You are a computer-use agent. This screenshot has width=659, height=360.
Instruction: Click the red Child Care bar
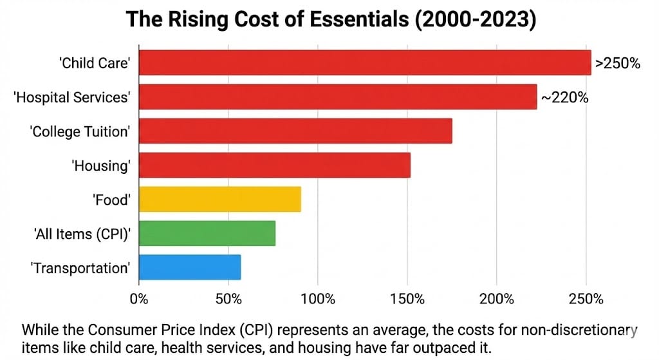364,63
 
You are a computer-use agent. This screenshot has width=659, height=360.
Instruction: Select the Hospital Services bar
337,97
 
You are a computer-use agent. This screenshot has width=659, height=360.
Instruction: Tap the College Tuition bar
295,131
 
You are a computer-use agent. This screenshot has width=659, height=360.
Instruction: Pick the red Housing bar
274,165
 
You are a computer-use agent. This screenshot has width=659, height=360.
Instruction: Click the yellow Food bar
219,199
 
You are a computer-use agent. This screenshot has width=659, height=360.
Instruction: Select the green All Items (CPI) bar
207,233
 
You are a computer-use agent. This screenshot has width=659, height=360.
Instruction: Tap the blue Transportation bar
189,267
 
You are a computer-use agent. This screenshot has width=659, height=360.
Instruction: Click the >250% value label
617,64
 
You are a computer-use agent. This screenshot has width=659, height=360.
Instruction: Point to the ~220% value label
564,97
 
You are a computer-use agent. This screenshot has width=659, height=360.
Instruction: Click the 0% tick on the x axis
139,299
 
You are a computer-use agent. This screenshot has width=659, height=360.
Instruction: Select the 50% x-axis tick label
228,299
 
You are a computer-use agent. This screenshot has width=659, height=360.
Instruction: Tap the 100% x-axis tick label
317,299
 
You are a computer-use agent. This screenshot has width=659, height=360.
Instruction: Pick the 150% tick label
407,299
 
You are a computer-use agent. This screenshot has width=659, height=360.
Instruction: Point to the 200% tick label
496,299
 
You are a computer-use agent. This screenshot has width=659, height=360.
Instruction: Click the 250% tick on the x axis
586,299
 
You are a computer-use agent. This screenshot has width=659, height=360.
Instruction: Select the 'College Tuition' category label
80,131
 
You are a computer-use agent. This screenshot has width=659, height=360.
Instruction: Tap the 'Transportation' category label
80,268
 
